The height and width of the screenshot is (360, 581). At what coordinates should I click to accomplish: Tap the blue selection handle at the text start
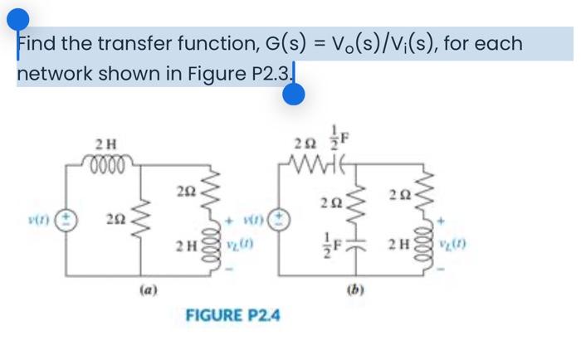(19, 20)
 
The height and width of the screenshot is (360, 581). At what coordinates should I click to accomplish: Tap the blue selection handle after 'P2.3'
(293, 96)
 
